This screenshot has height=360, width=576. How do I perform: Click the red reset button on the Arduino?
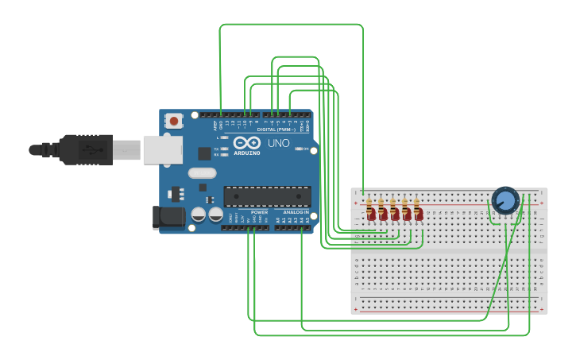pyautogui.click(x=173, y=121)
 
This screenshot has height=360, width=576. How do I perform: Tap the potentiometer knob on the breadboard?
pyautogui.click(x=504, y=200)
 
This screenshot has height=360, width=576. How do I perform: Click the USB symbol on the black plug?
pyautogui.click(x=94, y=149)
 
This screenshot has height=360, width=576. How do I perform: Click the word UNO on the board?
pyautogui.click(x=278, y=144)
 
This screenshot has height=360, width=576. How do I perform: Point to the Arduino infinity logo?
pyautogui.click(x=246, y=143)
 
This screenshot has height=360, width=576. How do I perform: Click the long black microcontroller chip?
pyautogui.click(x=267, y=196)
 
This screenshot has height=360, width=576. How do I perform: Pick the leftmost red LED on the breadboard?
pyautogui.click(x=370, y=214)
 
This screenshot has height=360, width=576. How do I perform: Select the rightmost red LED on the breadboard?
pyautogui.click(x=418, y=214)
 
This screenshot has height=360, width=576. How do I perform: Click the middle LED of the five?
pyautogui.click(x=394, y=214)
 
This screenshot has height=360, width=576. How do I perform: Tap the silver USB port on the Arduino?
pyautogui.click(x=162, y=149)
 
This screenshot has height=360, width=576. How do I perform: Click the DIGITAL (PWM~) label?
pyautogui.click(x=276, y=130)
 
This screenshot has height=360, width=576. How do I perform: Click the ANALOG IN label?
pyautogui.click(x=295, y=213)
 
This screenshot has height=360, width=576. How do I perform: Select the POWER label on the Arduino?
pyautogui.click(x=259, y=213)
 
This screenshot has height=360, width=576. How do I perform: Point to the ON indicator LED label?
pyautogui.click(x=306, y=149)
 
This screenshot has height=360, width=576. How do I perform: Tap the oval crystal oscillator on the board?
pyautogui.click(x=202, y=172)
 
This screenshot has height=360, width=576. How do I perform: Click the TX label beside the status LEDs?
pyautogui.click(x=217, y=149)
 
